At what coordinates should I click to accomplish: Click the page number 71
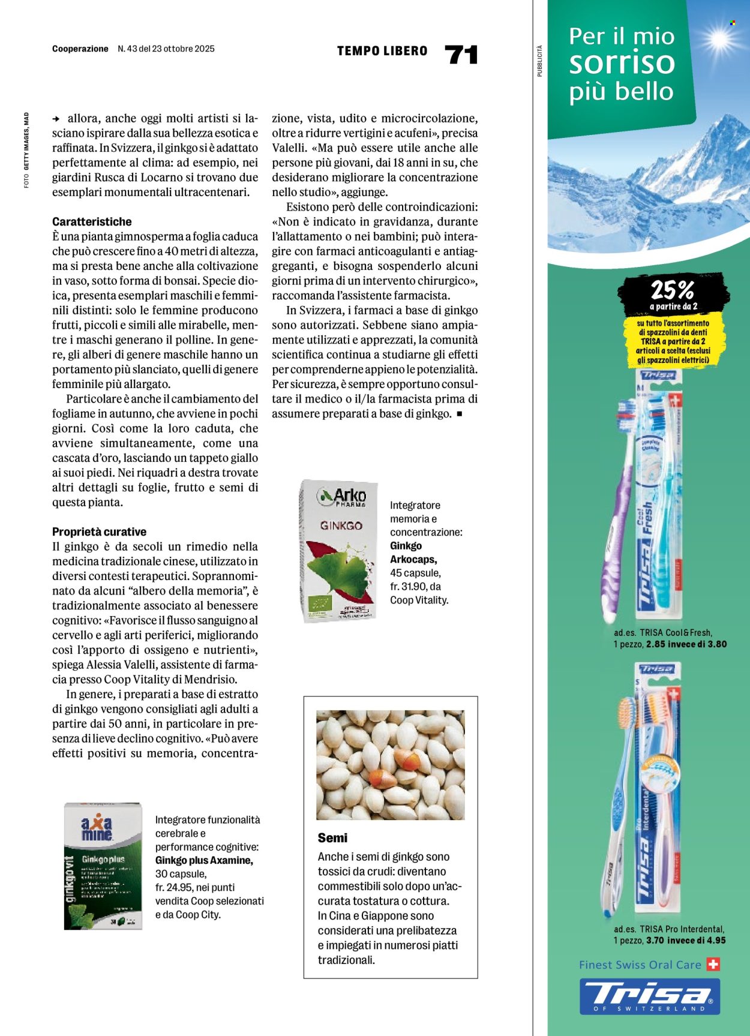[x=461, y=55]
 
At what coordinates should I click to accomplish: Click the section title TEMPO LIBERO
[x=382, y=51]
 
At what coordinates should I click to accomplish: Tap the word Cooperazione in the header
[x=80, y=49]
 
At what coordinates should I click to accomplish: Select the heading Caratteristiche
[x=92, y=221]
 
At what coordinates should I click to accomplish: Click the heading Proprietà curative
[x=99, y=531]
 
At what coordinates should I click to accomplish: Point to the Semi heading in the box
[x=332, y=837]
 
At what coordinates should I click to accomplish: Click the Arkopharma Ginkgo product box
[x=339, y=551]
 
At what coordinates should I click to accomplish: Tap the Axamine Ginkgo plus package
[x=103, y=866]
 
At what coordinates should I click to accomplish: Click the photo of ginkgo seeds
[x=390, y=764]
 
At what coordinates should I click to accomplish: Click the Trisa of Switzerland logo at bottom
[x=649, y=996]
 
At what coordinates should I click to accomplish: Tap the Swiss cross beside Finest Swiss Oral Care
[x=713, y=965]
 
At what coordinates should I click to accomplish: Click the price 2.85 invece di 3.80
[x=686, y=644]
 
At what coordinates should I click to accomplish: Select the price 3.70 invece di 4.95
[x=686, y=940]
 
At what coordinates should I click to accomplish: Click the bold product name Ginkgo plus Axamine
[x=204, y=860]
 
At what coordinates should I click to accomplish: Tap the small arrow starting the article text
[x=56, y=119]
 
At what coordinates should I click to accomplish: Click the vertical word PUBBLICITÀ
[x=539, y=61]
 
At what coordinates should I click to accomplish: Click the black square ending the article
[x=460, y=413]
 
